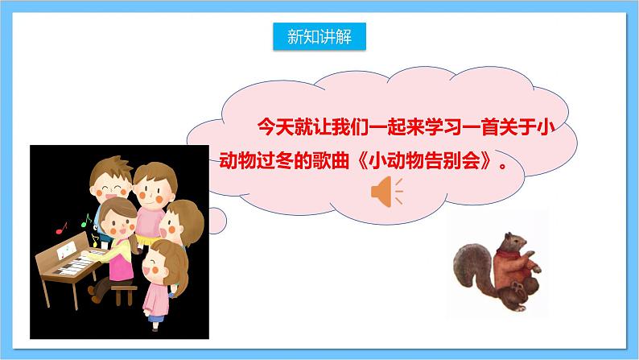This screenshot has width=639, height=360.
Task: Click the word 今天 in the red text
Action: click(x=267, y=126)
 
